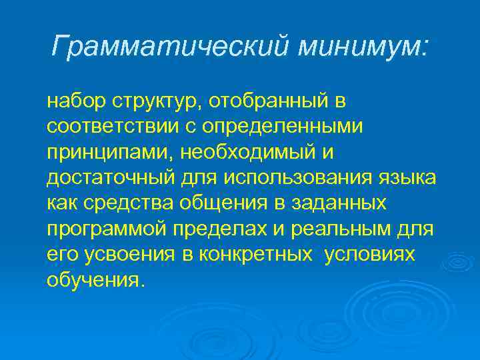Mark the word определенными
coord(277,127)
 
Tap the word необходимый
coord(248,153)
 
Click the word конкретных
coord(259,254)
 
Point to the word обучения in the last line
coord(94,280)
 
